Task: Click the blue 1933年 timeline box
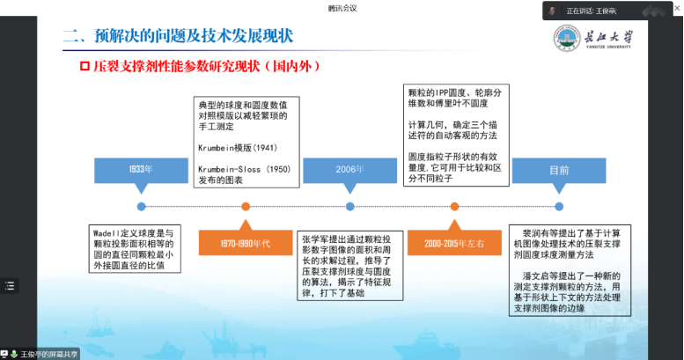pyautogui.click(x=141, y=168)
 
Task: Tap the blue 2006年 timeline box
pyautogui.click(x=349, y=168)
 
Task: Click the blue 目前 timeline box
pyautogui.click(x=559, y=168)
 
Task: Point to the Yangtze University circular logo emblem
pyautogui.click(x=567, y=39)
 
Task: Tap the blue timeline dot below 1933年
pyautogui.click(x=141, y=206)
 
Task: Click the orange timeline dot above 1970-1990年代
pyautogui.click(x=246, y=206)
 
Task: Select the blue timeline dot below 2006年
pyautogui.click(x=349, y=206)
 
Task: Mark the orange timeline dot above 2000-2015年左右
pyautogui.click(x=454, y=206)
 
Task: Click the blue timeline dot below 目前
pyautogui.click(x=559, y=206)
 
